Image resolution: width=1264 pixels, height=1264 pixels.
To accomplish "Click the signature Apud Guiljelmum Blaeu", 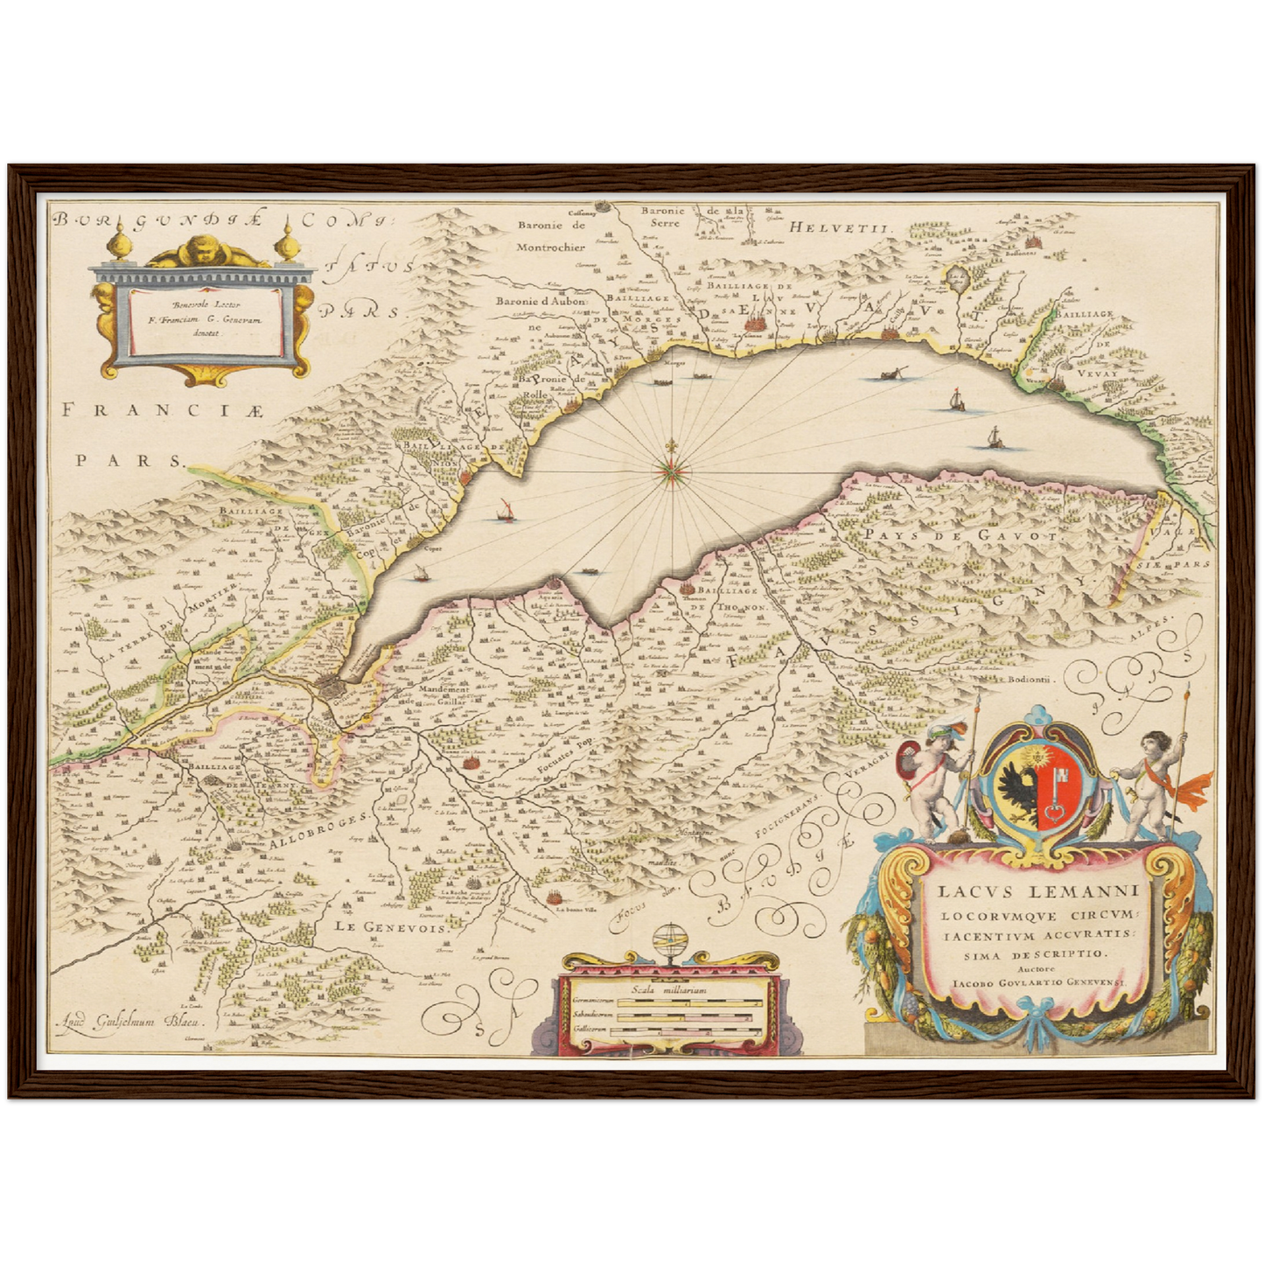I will pos(126,1020).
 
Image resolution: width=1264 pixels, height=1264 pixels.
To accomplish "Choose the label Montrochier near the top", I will pos(549,247).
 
